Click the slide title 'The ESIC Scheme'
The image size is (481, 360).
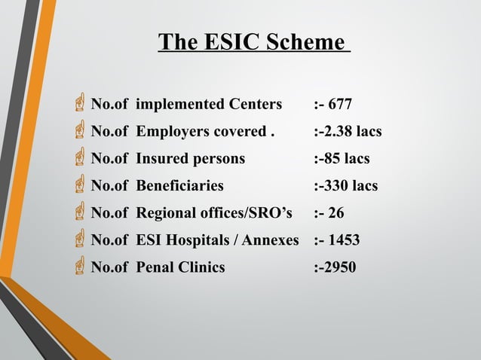coord(254,42)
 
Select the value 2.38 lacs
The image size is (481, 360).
coord(351,132)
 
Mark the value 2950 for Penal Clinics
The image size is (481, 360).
coord(340,267)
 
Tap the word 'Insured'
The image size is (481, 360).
coord(163,159)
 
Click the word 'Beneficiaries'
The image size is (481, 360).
coord(179,186)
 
